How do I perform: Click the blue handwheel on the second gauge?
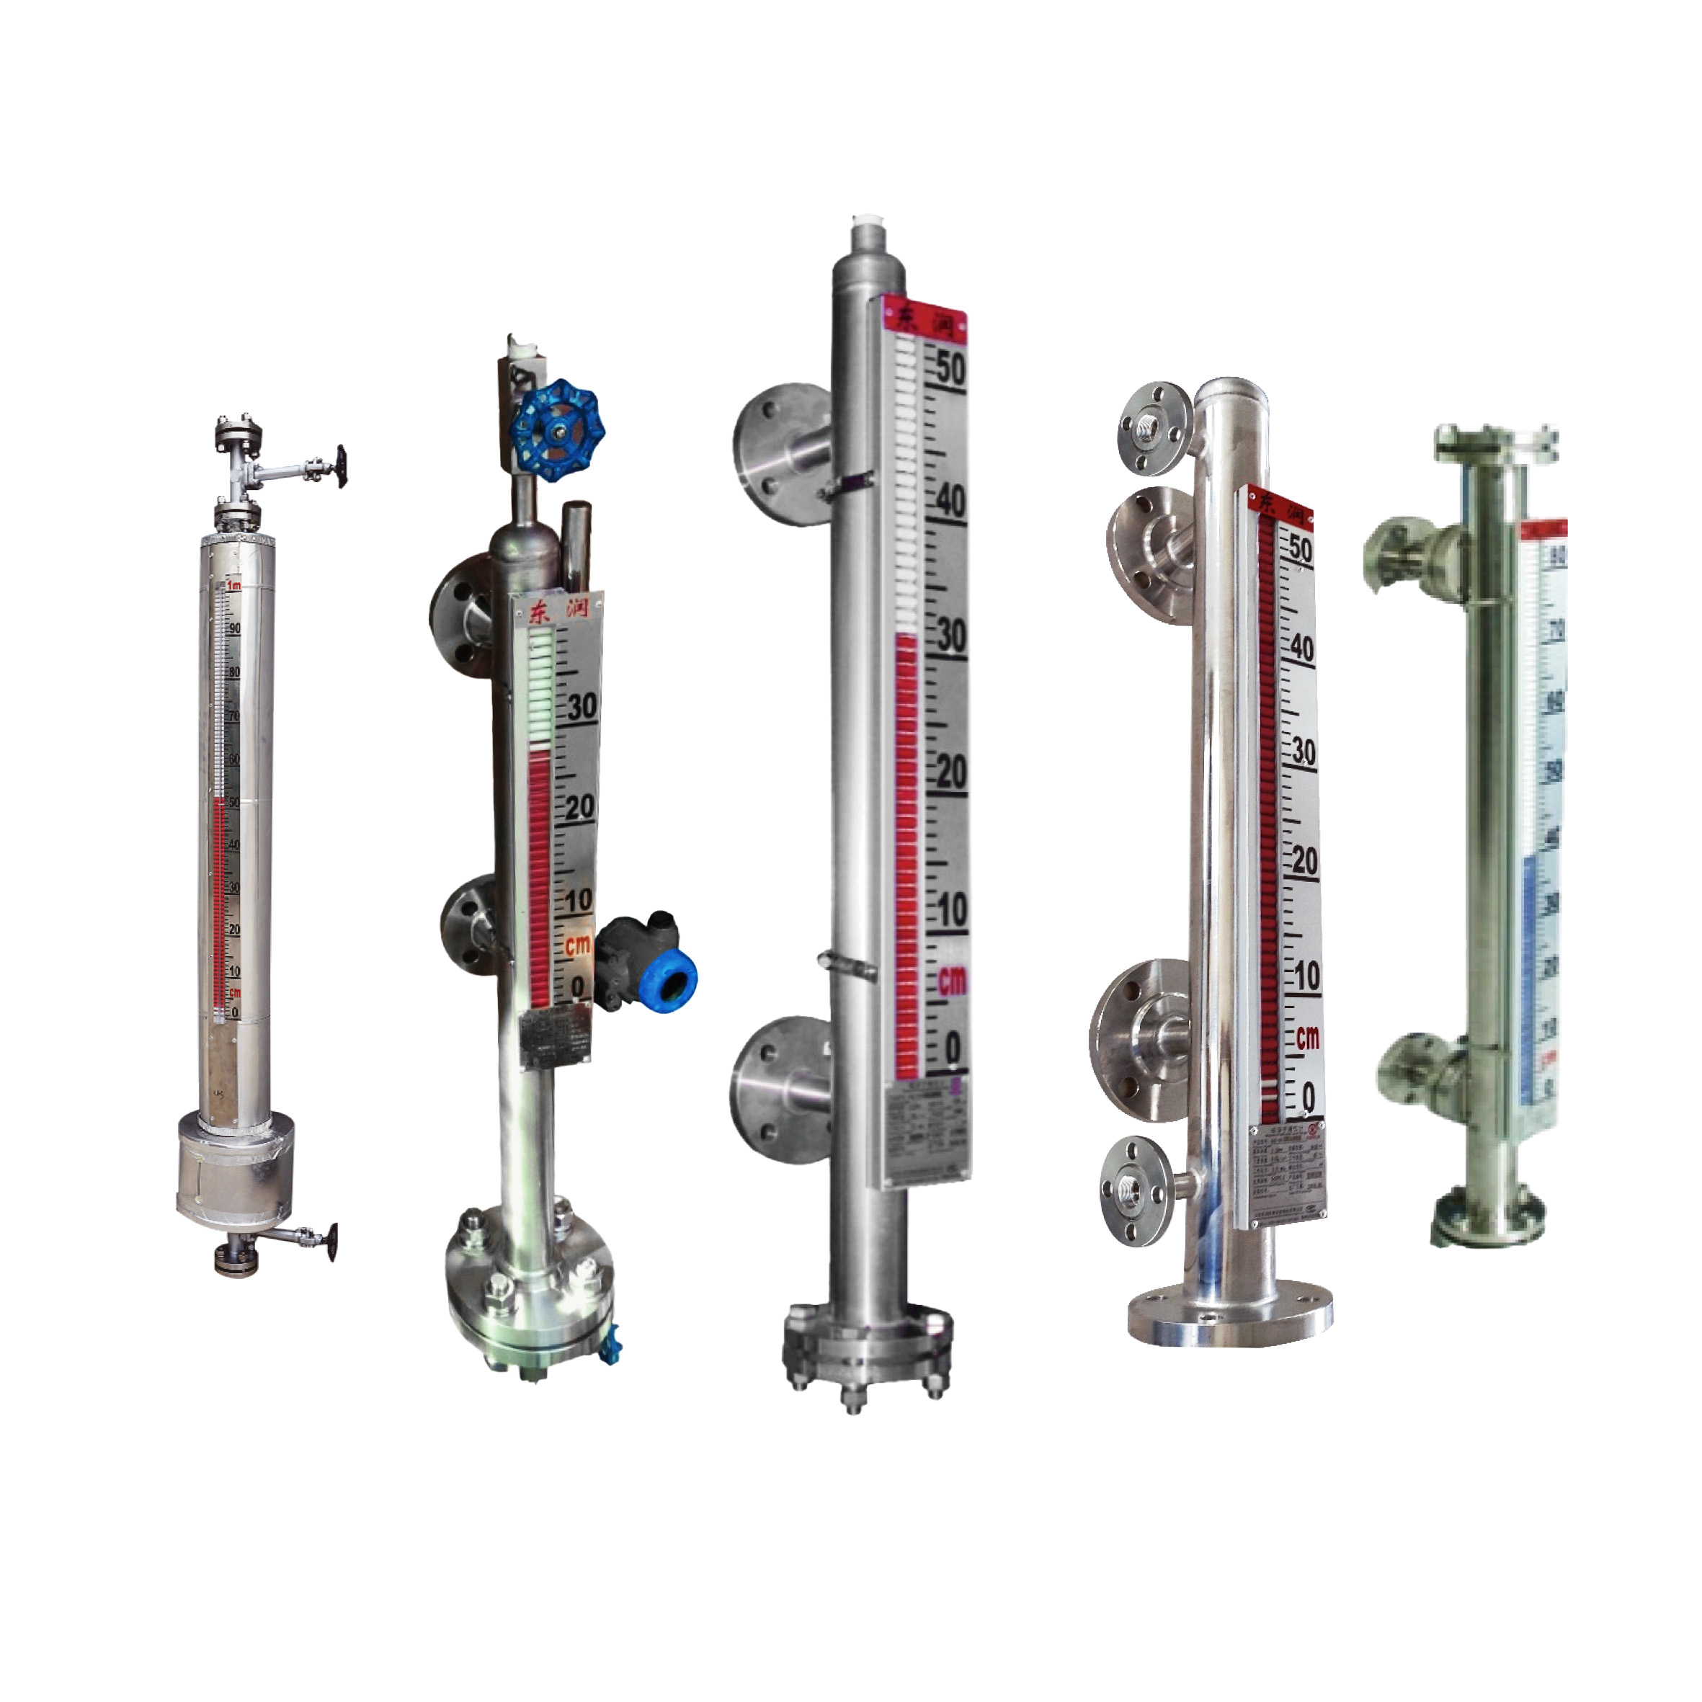558,431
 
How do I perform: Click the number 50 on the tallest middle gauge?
950,368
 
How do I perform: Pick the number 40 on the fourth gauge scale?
1301,649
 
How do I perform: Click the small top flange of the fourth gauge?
1155,428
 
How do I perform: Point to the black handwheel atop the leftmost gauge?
340,466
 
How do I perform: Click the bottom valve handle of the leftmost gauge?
329,1242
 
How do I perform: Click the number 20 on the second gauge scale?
579,806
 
